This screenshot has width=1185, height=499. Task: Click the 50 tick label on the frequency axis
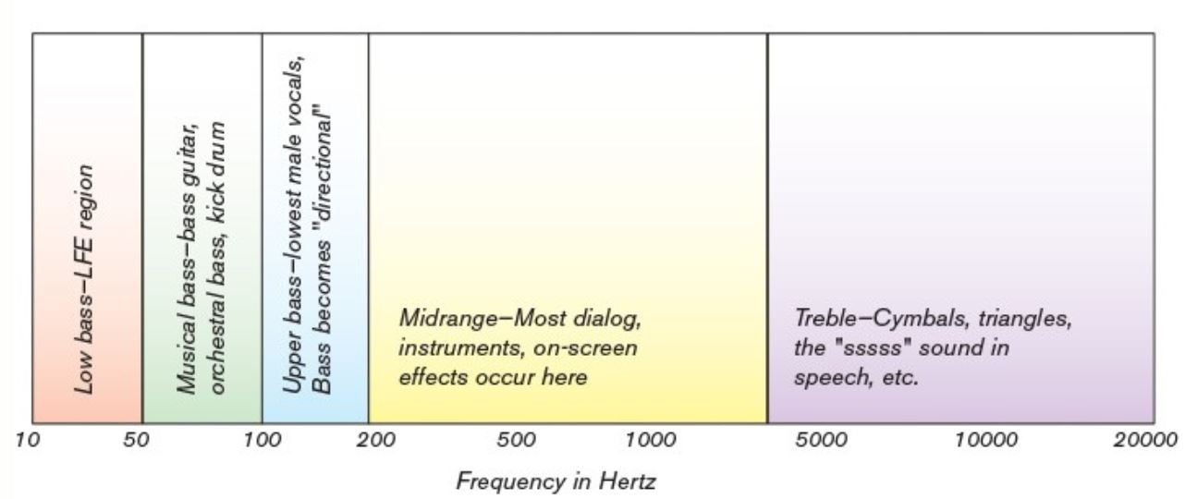[138, 440]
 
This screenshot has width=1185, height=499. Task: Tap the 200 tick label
[376, 440]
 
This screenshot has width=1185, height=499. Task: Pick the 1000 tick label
[651, 440]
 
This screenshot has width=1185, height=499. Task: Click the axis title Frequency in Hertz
[556, 481]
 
